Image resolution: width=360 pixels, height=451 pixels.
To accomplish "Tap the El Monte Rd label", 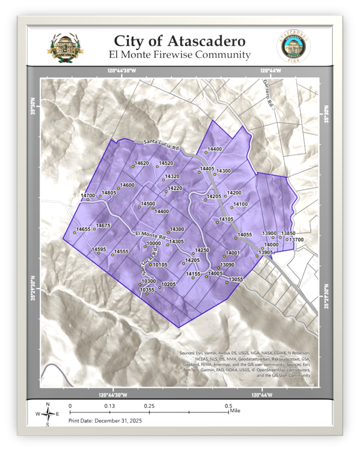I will coord(150,234).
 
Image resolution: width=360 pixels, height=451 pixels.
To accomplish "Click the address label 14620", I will coord(141,163).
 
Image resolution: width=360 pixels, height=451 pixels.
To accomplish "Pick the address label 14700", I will coord(88,195).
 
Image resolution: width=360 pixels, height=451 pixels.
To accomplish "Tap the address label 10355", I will coord(147,290).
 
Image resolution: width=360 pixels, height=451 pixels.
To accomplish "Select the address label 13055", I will coord(236,279).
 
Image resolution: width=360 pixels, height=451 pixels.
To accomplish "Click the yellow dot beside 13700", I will coord(287,240).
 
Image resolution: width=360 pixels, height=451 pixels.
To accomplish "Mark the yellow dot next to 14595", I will coord(99,253).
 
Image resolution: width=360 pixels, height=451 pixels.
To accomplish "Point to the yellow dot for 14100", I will coord(232,208).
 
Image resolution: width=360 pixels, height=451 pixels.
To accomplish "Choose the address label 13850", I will coord(288,233).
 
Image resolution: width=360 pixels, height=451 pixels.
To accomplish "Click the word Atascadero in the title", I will coord(207,42).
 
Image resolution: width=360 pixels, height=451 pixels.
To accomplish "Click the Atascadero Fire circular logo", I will coord(293,47).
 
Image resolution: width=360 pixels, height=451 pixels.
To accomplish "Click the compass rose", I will coord(49,414).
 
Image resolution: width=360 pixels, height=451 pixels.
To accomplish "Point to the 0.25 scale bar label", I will coord(149,406).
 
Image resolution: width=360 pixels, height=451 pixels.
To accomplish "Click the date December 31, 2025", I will coord(118,421).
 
